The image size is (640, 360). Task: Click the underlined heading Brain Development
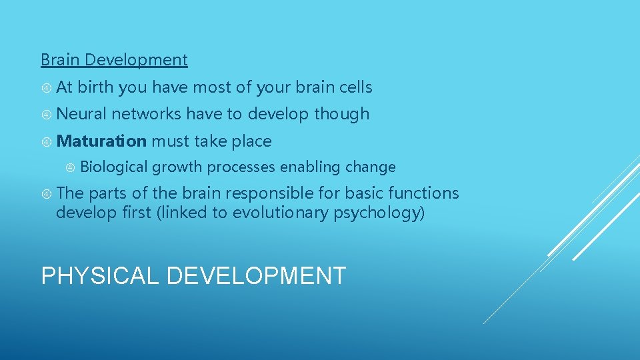click(114, 60)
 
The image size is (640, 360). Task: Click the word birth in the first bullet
click(95, 87)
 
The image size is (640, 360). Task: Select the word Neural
click(81, 114)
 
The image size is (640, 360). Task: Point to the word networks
click(146, 114)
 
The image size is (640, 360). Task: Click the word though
click(341, 114)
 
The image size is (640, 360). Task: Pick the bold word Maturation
click(101, 141)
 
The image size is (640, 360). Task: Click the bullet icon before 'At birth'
click(47, 87)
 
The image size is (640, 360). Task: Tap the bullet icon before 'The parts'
click(47, 194)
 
